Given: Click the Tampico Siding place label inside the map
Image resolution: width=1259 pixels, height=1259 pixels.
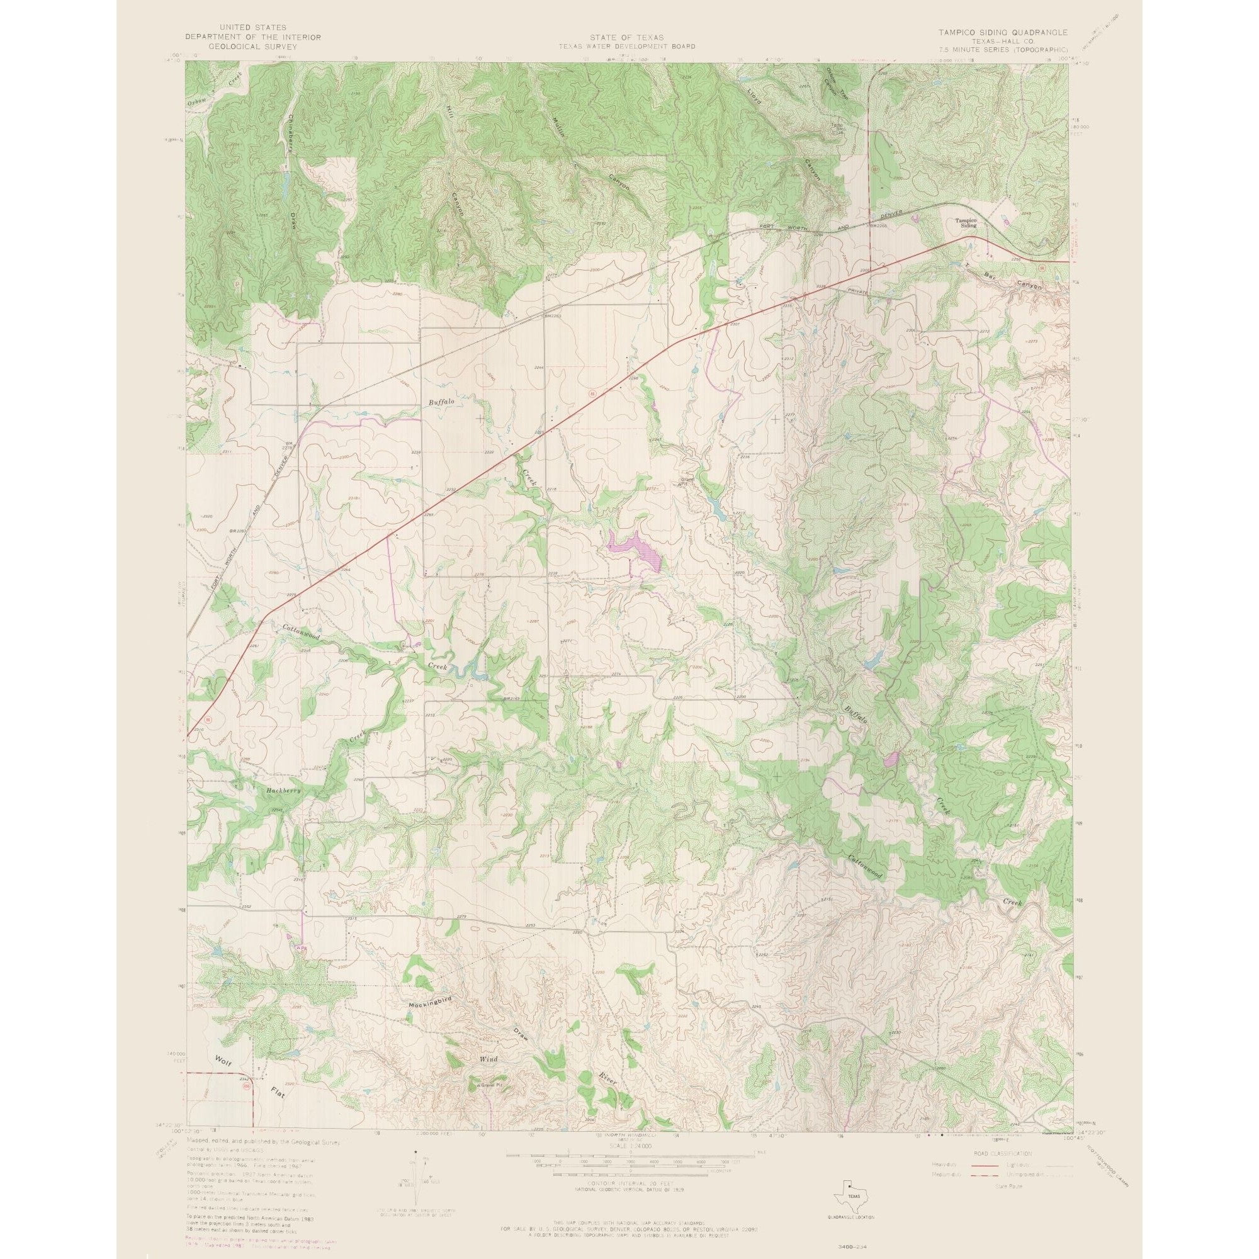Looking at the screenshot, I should click(x=966, y=223).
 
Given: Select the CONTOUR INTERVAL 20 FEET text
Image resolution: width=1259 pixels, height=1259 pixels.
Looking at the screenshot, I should click(x=629, y=1163).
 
